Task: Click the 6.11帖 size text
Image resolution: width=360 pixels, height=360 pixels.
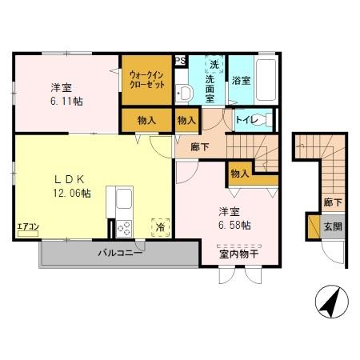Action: (66, 102)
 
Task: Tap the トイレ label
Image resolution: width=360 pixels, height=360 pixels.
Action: (246, 120)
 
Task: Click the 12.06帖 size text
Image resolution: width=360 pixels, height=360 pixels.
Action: (72, 193)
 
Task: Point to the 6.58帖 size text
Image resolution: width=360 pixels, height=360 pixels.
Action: (235, 226)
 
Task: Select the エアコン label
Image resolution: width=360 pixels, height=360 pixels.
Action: (27, 226)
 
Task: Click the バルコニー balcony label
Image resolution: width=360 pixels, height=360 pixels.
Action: (119, 253)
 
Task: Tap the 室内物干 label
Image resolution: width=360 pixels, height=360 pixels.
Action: (238, 254)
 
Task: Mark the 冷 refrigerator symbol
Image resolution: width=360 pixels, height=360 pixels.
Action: (161, 226)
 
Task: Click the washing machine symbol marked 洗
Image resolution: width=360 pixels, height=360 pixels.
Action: (214, 63)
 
